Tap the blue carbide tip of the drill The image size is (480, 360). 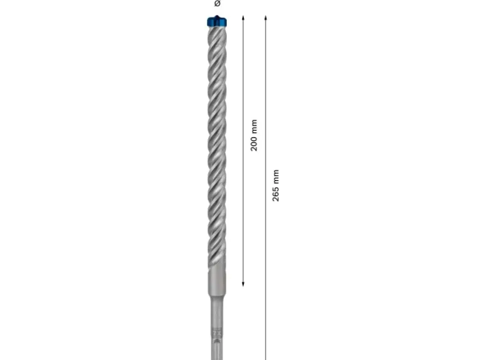point(216,22)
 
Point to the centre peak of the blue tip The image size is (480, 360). point(216,17)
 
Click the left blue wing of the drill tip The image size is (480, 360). point(209,23)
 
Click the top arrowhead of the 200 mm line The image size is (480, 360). point(243,17)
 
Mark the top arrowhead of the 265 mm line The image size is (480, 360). point(266,17)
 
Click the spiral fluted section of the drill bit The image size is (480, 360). point(215,156)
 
